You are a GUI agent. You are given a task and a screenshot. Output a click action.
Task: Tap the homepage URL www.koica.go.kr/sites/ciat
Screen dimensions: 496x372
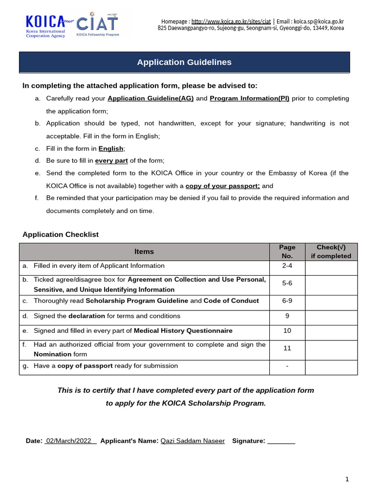(231, 21)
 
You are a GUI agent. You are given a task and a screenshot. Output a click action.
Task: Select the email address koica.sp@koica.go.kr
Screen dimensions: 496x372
(318, 21)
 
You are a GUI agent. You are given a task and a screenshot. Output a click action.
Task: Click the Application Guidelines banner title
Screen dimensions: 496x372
(184, 62)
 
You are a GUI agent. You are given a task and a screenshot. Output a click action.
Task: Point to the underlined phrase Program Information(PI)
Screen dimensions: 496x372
(249, 98)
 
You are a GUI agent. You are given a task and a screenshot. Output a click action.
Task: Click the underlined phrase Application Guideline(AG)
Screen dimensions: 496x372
(151, 98)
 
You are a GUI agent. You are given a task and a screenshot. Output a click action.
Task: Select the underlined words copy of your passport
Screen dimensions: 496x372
(222, 186)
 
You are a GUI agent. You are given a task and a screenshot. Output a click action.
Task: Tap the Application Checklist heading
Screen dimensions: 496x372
(61, 234)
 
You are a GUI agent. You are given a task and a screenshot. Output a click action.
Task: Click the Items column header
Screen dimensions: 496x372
(144, 252)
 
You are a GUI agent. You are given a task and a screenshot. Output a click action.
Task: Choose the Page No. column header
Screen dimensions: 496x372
(287, 252)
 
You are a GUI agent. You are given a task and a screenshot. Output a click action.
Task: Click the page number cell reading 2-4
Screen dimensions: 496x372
(287, 266)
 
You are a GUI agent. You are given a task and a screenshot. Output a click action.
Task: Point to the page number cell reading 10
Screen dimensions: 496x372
(287, 331)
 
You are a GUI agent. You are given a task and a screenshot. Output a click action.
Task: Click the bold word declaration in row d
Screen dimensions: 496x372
(87, 316)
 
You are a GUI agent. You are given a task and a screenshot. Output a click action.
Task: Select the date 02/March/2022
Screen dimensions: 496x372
(70, 441)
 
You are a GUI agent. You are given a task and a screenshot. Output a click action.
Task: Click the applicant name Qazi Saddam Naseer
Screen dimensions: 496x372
(192, 441)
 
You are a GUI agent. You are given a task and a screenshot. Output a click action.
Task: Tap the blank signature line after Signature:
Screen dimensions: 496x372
(281, 441)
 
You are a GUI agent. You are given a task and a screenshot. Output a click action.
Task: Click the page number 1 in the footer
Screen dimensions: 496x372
(347, 480)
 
